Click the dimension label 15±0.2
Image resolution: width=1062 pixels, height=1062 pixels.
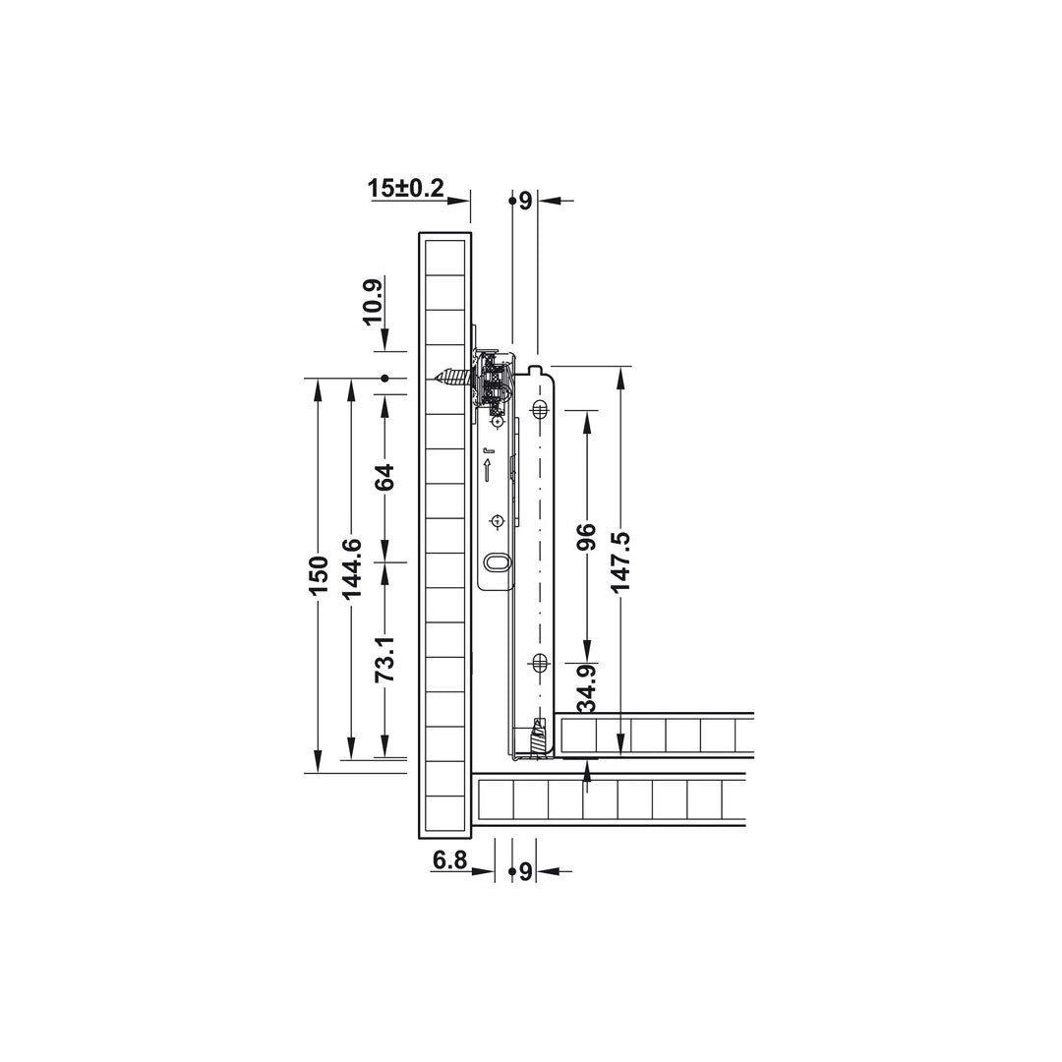tap(406, 188)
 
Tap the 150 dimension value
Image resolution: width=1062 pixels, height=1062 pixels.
tap(318, 575)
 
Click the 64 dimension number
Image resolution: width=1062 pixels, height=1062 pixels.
tap(384, 478)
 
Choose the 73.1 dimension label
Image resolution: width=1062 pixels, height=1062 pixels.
tap(384, 658)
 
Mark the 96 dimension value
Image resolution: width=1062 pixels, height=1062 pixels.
tap(587, 536)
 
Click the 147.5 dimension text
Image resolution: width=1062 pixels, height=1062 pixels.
tap(620, 561)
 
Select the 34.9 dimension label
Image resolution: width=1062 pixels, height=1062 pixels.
tap(587, 688)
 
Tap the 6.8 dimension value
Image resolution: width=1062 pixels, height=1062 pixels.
tap(449, 860)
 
